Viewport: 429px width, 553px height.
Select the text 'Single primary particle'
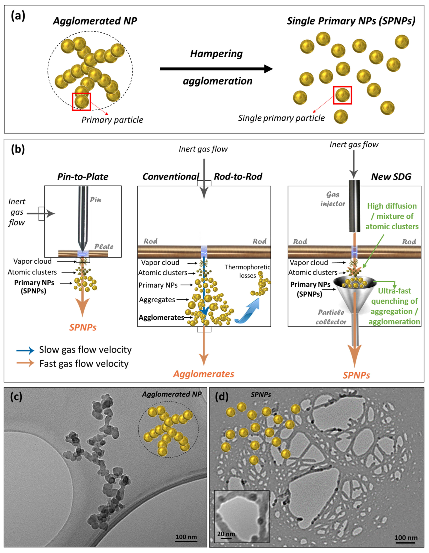(281, 118)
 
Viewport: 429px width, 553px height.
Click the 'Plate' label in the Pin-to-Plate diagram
(104, 246)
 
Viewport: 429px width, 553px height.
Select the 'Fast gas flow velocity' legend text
(84, 364)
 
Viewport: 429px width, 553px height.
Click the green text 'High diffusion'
(392, 206)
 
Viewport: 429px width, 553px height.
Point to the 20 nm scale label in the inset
(226, 534)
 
